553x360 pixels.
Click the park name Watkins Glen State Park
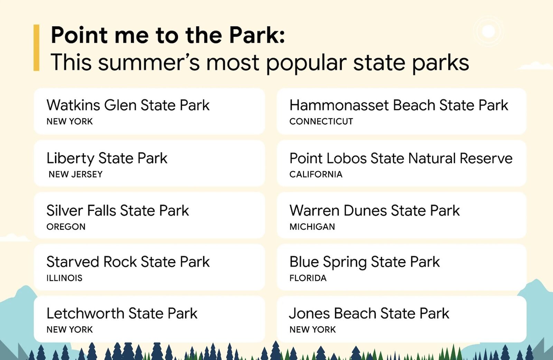pyautogui.click(x=128, y=105)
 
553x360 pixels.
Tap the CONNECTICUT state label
pyautogui.click(x=321, y=121)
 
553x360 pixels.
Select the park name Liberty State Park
pyautogui.click(x=107, y=158)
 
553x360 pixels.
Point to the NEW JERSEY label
pyautogui.click(x=75, y=174)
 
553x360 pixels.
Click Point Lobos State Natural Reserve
pyautogui.click(x=401, y=158)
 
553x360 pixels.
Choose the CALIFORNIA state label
pyautogui.click(x=316, y=174)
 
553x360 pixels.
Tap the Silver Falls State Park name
pyautogui.click(x=118, y=211)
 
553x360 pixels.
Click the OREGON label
pyautogui.click(x=66, y=227)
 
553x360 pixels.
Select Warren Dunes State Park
pyautogui.click(x=374, y=211)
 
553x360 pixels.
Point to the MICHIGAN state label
pyautogui.click(x=312, y=227)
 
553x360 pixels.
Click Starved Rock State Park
pyautogui.click(x=128, y=262)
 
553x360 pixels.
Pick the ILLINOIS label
pyautogui.click(x=64, y=278)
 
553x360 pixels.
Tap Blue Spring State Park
pyautogui.click(x=364, y=262)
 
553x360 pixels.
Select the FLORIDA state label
pyautogui.click(x=308, y=278)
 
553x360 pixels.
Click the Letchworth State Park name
pyautogui.click(x=122, y=314)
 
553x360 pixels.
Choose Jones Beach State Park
pyautogui.click(x=369, y=314)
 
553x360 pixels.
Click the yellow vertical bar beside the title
pyautogui.click(x=36, y=48)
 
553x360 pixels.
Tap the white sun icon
pyautogui.click(x=488, y=31)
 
